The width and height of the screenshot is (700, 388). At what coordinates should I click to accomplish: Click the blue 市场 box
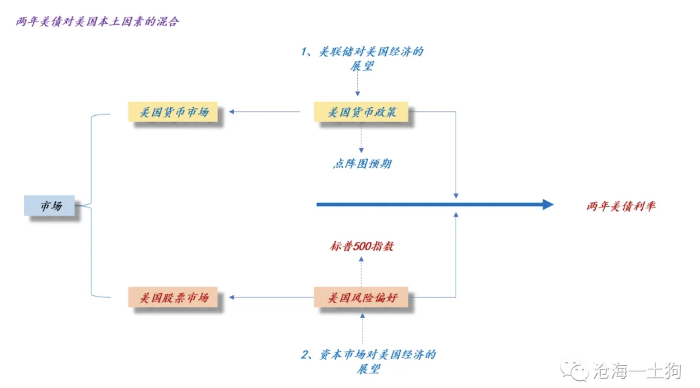[x=49, y=205]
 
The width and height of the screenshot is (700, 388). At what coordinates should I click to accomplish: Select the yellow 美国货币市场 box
[x=173, y=112]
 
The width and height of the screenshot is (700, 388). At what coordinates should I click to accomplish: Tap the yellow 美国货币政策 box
[x=361, y=112]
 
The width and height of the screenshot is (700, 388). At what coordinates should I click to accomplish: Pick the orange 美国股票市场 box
[x=173, y=297]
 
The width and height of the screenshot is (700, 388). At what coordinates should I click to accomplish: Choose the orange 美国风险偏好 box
[x=361, y=297]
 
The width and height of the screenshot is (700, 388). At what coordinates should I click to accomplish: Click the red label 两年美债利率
[x=621, y=206]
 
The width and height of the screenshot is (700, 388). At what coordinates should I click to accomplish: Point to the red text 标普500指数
[x=362, y=246]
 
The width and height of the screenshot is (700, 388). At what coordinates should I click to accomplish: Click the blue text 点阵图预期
[x=362, y=164]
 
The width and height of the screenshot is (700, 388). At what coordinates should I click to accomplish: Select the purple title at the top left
[x=97, y=22]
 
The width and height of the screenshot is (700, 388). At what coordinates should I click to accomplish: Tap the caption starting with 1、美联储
[x=362, y=59]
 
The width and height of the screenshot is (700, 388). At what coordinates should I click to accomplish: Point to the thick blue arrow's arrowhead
[x=548, y=204]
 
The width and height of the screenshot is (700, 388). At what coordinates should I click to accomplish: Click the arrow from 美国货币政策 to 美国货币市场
[x=265, y=112]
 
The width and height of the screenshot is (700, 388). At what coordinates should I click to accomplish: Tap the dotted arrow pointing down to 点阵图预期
[x=361, y=137]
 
